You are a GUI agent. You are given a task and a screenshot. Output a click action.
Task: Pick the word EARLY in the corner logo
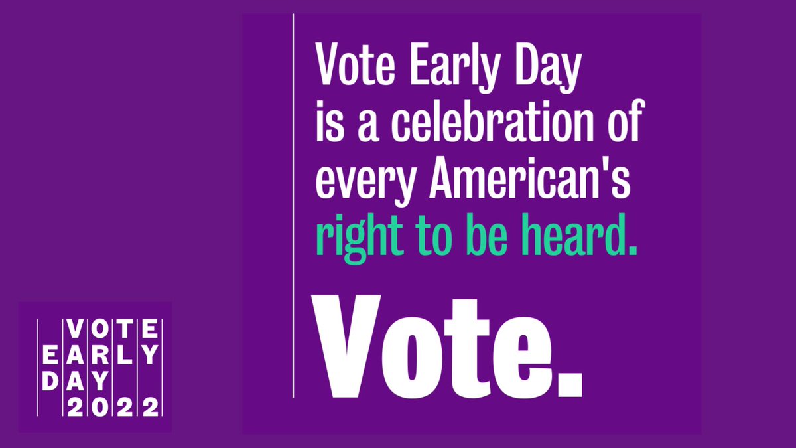pos(101,355)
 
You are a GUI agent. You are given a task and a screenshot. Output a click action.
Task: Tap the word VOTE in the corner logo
pos(113,329)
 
